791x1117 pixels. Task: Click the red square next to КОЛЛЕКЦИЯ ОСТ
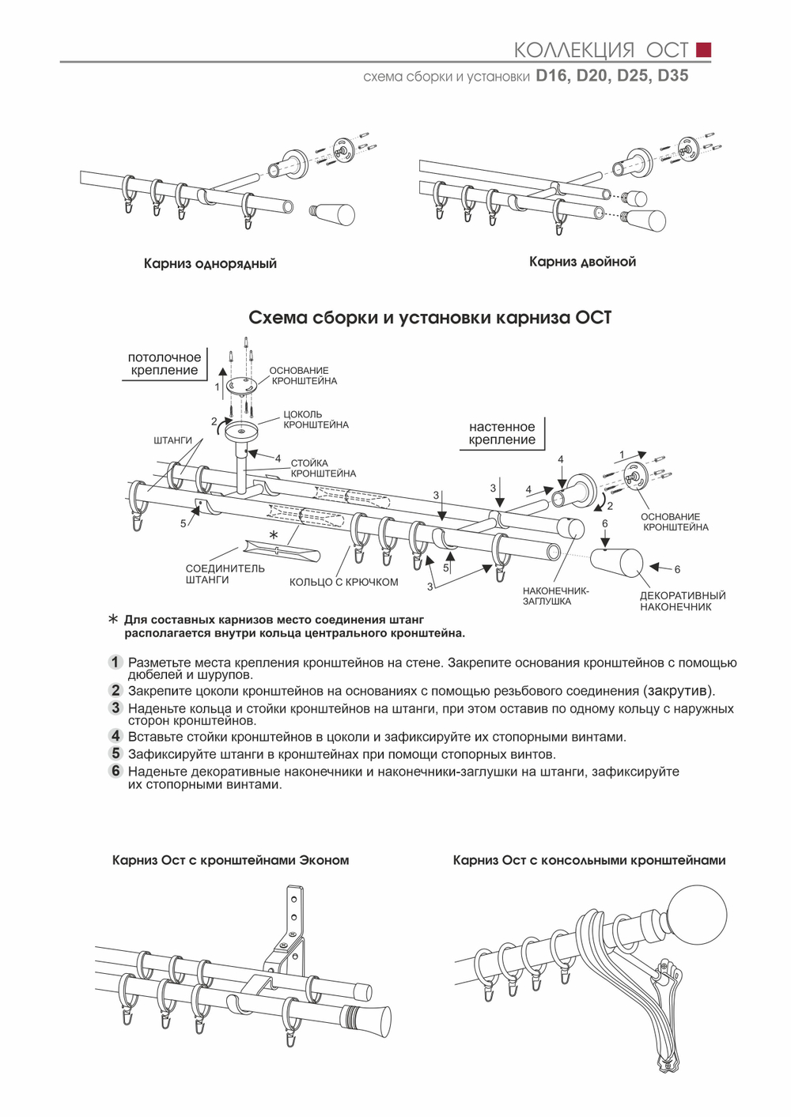pyautogui.click(x=703, y=50)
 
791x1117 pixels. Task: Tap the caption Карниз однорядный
pyautogui.click(x=210, y=263)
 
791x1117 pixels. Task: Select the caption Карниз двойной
pyautogui.click(x=582, y=262)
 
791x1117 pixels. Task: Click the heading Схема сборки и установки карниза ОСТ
pyautogui.click(x=430, y=318)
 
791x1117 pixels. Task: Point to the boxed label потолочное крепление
pyautogui.click(x=165, y=364)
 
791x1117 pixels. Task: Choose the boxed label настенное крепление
pyautogui.click(x=501, y=433)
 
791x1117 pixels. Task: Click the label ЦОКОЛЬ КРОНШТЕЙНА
pyautogui.click(x=316, y=419)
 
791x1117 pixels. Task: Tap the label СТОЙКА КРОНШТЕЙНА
pyautogui.click(x=323, y=468)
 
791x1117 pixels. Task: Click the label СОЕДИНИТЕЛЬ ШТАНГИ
pyautogui.click(x=225, y=574)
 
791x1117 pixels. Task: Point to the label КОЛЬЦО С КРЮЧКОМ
pyautogui.click(x=343, y=583)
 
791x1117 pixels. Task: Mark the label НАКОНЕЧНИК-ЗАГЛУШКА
pyautogui.click(x=555, y=596)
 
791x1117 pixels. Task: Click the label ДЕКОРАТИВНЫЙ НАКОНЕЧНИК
pyautogui.click(x=682, y=601)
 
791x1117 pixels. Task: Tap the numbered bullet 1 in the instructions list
pyautogui.click(x=115, y=662)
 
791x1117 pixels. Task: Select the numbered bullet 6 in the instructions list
pyautogui.click(x=115, y=771)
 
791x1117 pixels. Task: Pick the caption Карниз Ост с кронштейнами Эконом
pyautogui.click(x=230, y=860)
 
